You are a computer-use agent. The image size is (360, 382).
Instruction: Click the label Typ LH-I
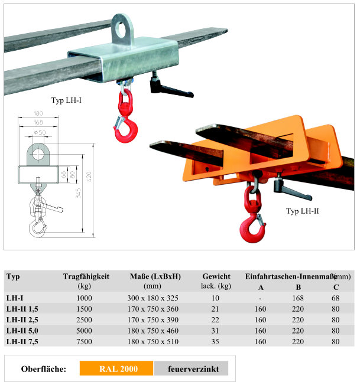67,100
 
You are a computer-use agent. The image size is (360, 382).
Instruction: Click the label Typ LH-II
303,210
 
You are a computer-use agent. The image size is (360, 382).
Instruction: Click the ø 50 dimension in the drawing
41,132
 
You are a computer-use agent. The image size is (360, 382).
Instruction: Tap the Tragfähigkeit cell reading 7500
85,341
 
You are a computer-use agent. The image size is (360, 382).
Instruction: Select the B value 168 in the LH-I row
298,298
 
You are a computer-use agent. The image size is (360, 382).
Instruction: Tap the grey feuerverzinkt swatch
190,369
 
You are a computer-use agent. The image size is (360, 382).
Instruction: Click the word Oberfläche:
43,370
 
